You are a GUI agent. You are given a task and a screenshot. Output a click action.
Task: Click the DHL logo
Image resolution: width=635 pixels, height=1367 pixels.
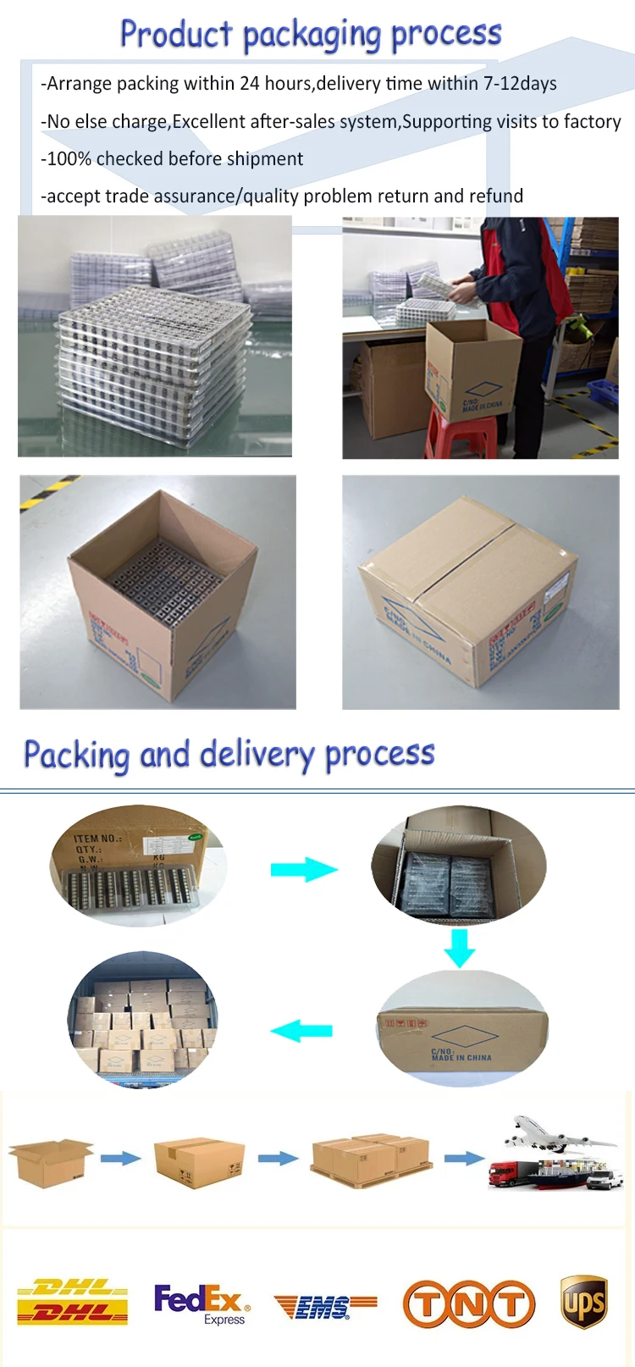72,1303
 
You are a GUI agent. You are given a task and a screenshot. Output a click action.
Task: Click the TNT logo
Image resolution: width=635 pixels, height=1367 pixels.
469,1303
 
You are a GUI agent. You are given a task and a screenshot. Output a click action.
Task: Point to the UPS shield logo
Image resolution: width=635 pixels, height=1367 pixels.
584,1303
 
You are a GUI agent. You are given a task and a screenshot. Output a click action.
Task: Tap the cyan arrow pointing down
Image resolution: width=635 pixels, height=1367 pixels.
460,947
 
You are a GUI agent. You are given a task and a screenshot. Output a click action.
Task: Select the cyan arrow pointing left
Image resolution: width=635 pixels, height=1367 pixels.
301,1031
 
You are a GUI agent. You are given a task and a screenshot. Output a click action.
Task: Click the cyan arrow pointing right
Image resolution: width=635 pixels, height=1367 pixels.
303,869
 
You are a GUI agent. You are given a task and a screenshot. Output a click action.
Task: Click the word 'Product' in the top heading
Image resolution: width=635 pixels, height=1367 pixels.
176,35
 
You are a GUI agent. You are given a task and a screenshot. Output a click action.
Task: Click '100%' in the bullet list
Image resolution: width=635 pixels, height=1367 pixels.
69,159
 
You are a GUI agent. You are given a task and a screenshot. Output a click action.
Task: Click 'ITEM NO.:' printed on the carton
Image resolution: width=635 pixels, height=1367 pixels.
97,838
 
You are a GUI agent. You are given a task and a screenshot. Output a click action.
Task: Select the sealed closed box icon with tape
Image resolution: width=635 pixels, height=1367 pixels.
199,1162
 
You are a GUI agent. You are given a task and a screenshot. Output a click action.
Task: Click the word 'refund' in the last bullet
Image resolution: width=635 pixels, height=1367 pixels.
496,196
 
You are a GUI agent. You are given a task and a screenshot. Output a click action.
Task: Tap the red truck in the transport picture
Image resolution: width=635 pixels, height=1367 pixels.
503,1172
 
